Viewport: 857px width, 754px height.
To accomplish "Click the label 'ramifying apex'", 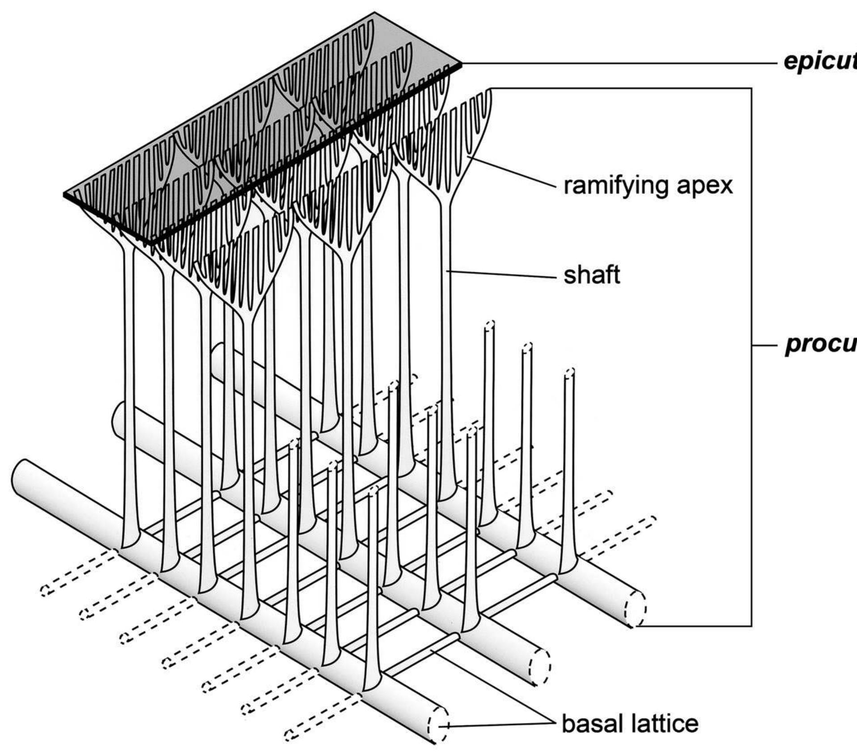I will [648, 185].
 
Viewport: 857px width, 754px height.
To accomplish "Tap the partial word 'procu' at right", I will [821, 345].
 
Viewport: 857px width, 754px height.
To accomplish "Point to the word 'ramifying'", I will [615, 185].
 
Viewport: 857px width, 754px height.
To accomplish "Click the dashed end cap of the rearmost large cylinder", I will [636, 609].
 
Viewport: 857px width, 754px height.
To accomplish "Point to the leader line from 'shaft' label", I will [501, 274].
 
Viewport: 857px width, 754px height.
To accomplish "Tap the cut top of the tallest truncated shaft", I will [490, 324].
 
